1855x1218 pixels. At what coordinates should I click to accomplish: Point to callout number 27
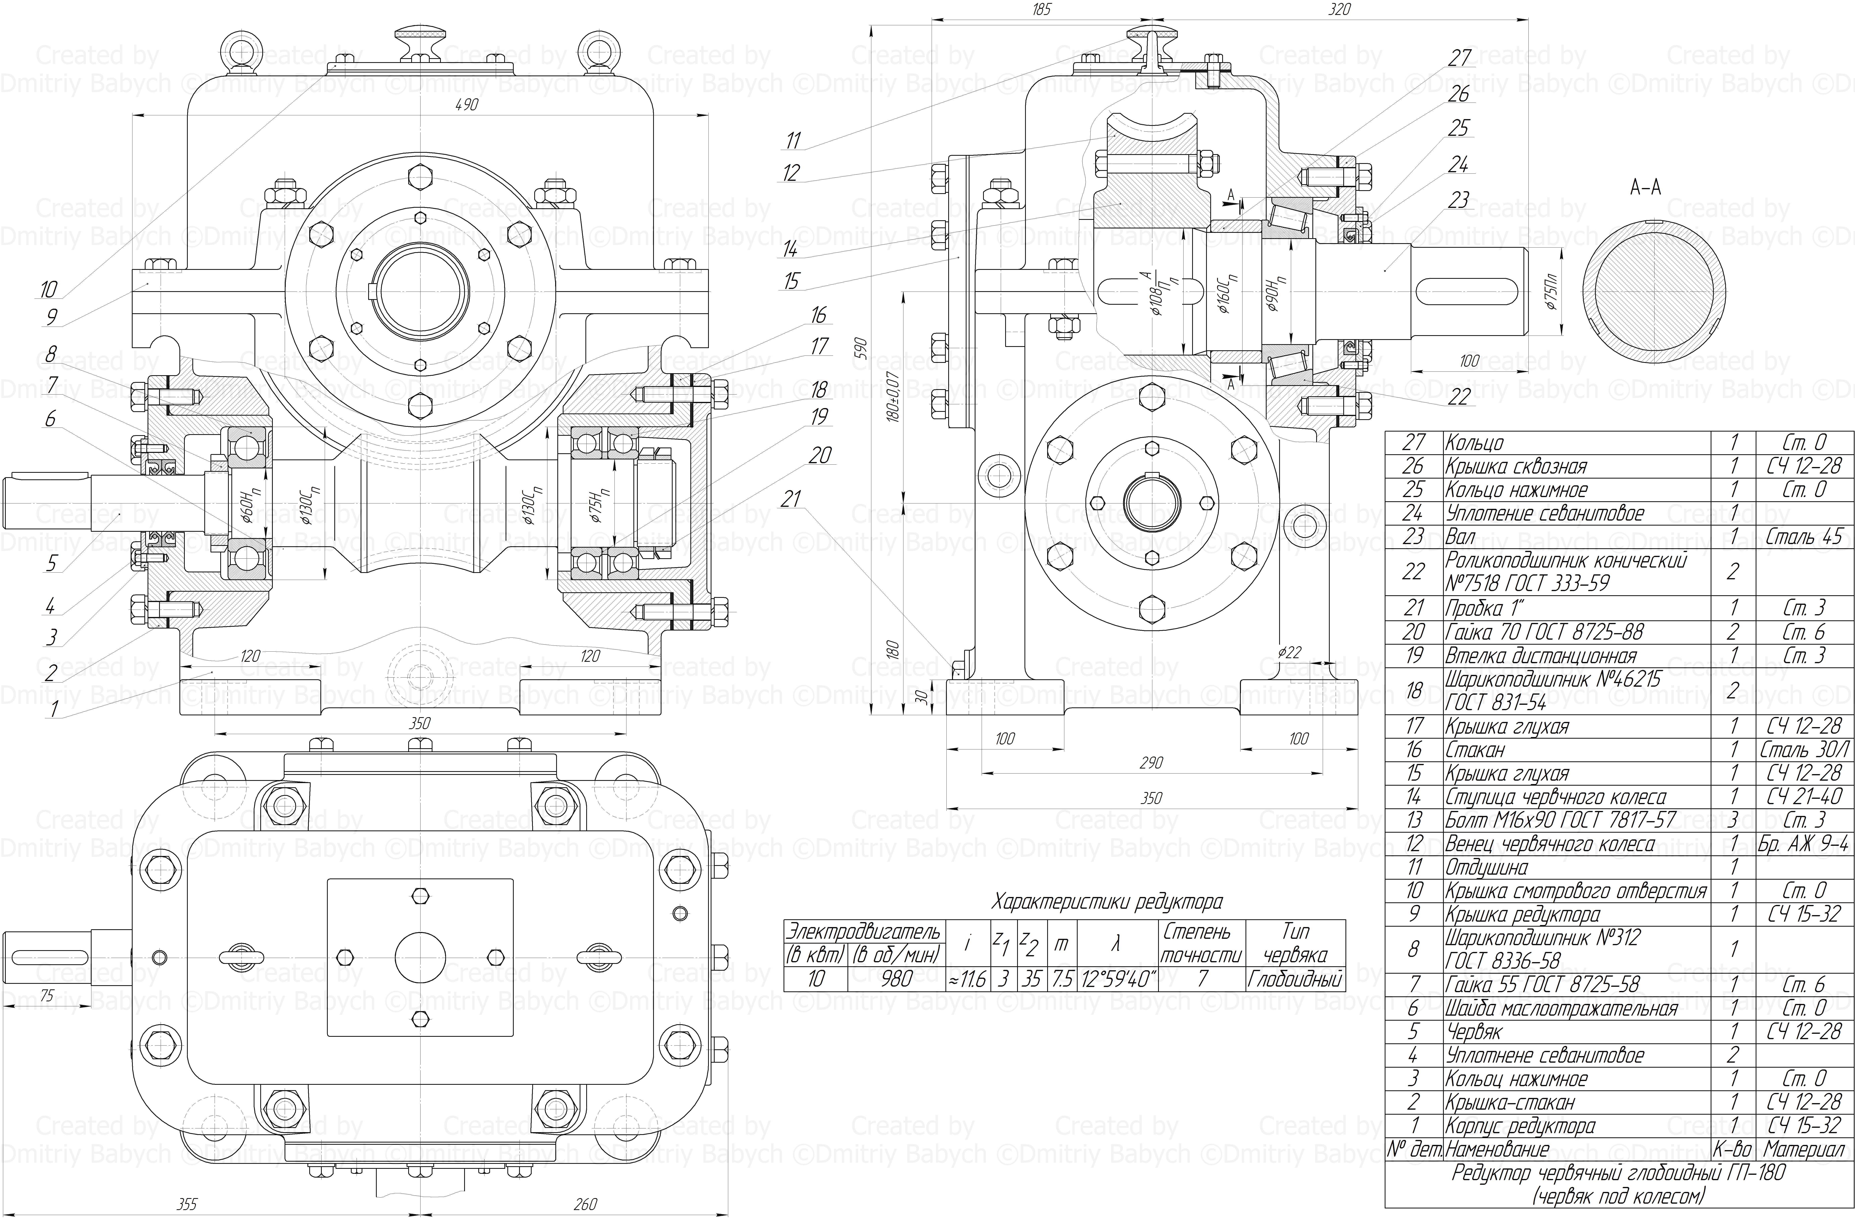tap(1460, 58)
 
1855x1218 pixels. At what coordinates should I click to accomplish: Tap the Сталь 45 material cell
tap(1804, 537)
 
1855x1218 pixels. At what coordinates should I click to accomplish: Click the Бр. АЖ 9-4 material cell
tap(1804, 844)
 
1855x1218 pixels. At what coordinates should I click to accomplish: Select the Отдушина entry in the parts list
tap(1486, 867)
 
